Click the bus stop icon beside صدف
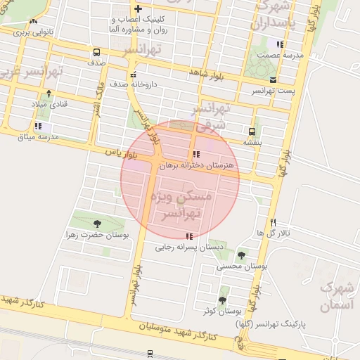point(96,52)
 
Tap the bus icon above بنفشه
point(252,131)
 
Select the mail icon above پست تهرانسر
point(274,80)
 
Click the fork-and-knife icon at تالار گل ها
point(273,221)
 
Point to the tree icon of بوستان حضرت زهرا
point(96,224)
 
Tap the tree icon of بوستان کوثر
point(222,300)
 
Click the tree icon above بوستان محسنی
point(242,255)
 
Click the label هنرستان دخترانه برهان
point(195,166)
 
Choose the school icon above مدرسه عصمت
point(280,44)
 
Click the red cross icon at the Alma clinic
point(138,8)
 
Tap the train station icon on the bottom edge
point(150,354)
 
